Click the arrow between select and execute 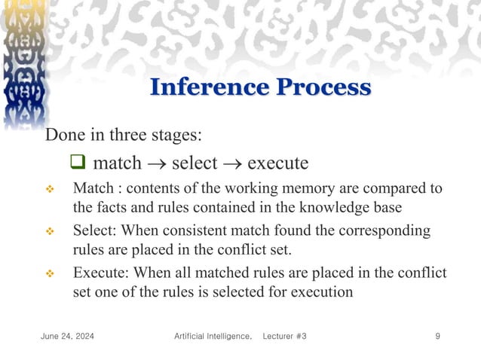tap(234, 163)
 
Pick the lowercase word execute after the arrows tap(277, 163)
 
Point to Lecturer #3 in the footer tap(284, 335)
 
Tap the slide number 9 tap(438, 335)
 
